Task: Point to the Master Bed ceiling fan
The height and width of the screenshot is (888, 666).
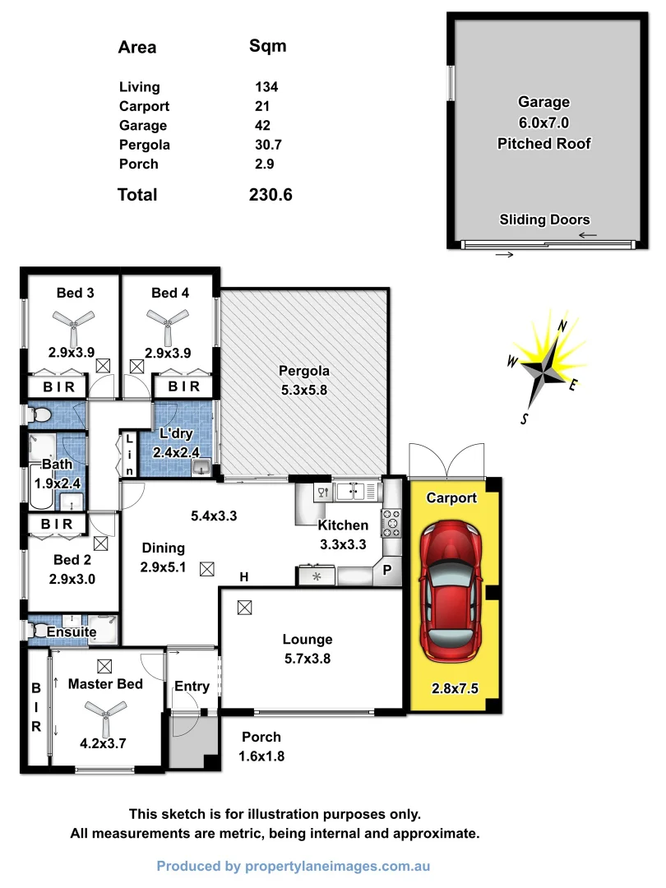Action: coord(104,712)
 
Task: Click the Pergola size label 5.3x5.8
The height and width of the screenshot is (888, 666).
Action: coord(303,391)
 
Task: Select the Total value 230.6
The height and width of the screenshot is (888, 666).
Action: coord(271,195)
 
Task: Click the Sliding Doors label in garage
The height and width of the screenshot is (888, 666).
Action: coord(544,220)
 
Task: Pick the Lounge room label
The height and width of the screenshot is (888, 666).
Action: coord(308,640)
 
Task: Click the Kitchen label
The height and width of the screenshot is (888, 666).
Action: coord(344,525)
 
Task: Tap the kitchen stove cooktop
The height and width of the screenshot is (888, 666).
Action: coord(391,522)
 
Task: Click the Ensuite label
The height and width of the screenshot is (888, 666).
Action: coord(72,632)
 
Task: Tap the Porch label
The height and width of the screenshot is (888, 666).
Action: coord(261,738)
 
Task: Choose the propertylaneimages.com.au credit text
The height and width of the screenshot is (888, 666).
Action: coord(294,866)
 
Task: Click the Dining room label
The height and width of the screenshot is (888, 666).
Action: coord(163,548)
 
